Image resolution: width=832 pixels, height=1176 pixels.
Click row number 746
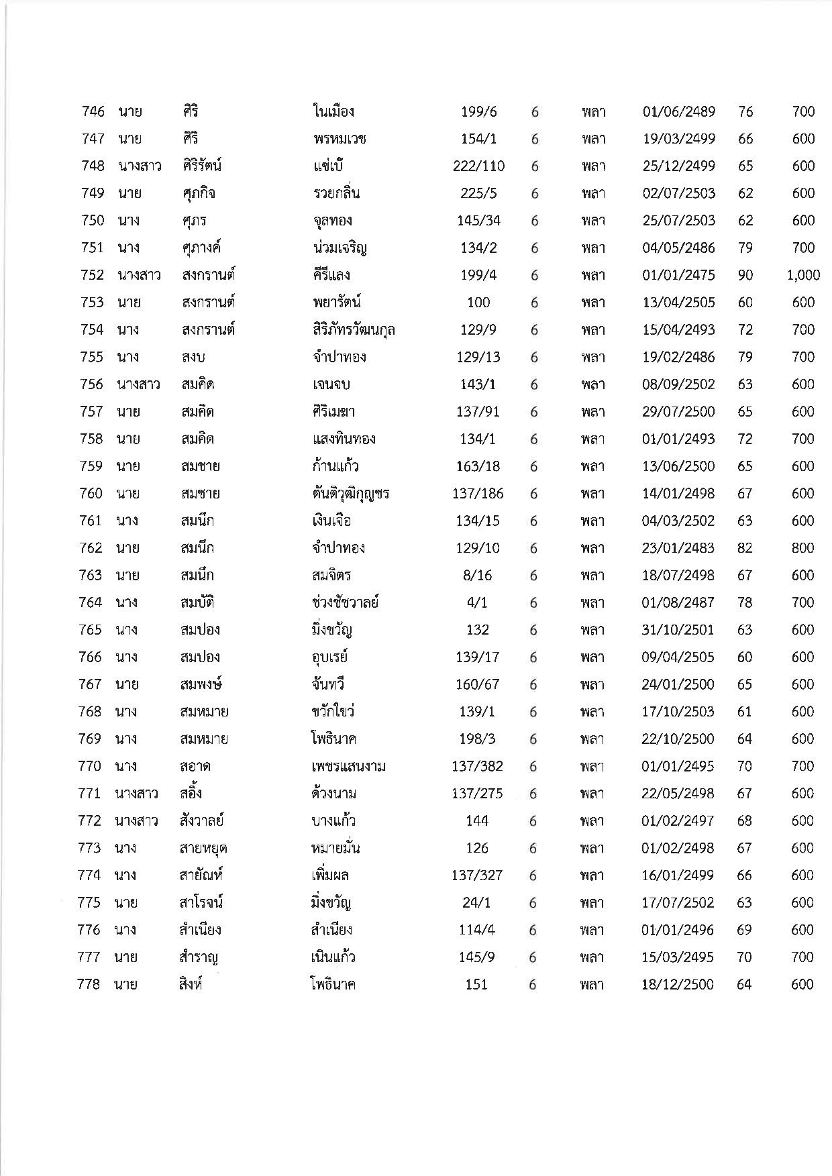coord(93,111)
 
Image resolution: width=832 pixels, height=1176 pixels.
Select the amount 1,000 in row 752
coord(803,275)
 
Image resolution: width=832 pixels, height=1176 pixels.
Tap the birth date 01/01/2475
coord(678,275)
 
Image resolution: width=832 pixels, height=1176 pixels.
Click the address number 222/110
coord(478,166)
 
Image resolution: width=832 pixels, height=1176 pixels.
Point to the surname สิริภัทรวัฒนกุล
coord(349,330)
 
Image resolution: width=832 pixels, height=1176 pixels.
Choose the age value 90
coord(745,275)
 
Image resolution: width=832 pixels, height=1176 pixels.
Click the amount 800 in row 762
coord(802,548)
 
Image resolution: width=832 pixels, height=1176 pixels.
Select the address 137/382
coord(477,766)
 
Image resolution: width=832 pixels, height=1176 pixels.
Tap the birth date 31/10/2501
coord(678,630)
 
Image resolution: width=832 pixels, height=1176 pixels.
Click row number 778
coord(89,985)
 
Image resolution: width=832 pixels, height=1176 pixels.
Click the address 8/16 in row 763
coord(477,576)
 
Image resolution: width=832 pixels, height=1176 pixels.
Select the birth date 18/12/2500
coord(677,985)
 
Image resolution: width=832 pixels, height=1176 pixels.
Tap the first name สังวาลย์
coord(197,821)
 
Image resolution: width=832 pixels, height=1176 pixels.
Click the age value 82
coord(745,548)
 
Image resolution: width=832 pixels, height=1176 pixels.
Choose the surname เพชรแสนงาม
coord(344,766)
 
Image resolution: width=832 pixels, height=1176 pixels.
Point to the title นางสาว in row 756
coord(139,384)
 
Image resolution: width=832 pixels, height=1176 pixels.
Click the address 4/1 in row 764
coord(477,602)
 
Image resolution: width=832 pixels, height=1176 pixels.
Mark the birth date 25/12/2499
coord(678,166)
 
